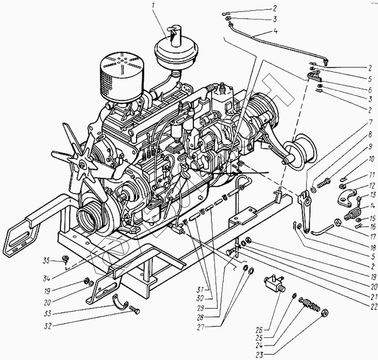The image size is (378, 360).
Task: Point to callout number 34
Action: pos(47,277)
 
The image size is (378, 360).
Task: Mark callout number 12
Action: pos(372,185)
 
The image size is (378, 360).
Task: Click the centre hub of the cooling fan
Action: pos(83,165)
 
